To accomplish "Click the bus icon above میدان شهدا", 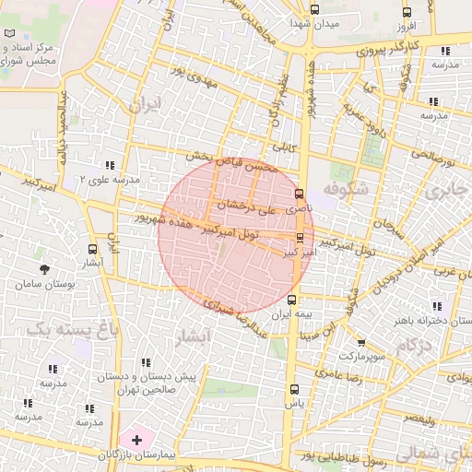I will point(315,9).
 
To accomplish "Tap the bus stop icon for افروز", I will point(407,13).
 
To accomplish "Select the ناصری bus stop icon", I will point(299,195).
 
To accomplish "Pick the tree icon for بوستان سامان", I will point(44,268).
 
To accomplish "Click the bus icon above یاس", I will point(294,389).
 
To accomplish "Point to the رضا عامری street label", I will point(336,373).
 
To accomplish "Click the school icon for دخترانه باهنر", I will point(436,307).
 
